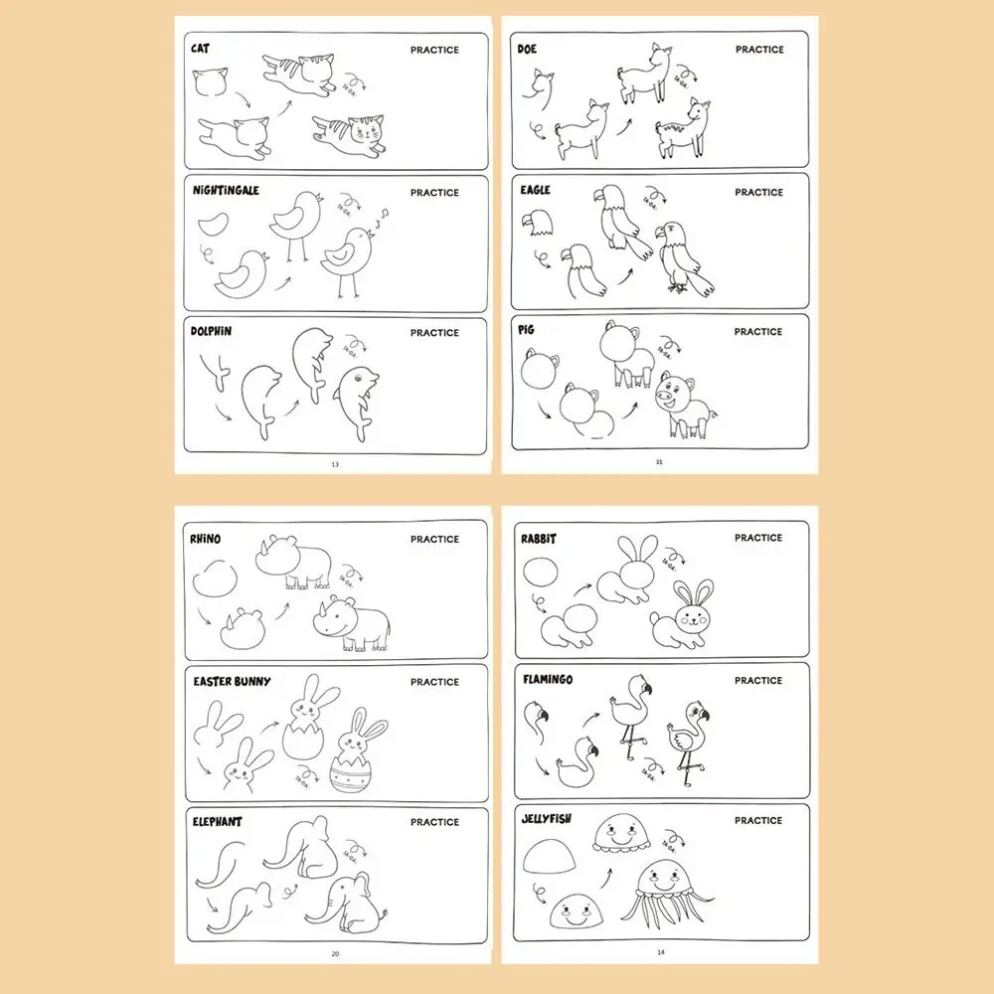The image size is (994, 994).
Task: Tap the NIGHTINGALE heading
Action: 226,190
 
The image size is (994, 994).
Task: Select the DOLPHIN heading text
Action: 211,331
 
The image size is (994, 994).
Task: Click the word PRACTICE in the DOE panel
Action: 759,49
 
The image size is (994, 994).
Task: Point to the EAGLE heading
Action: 534,190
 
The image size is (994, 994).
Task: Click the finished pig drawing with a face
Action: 685,403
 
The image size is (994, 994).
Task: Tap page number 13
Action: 334,463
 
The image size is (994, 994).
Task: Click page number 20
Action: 334,953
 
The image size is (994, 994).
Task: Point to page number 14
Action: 659,952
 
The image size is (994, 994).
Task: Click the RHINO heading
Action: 205,539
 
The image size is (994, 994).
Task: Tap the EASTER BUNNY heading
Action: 232,681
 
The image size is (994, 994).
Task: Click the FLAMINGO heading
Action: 547,680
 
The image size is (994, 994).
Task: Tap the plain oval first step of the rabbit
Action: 543,574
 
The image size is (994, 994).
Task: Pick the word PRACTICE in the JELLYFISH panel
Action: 758,820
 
